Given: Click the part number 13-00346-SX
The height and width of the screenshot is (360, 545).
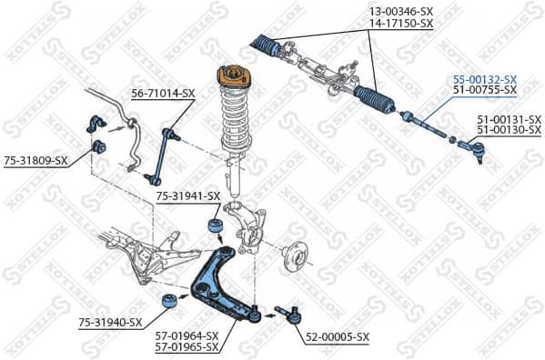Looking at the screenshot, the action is pyautogui.click(x=399, y=12).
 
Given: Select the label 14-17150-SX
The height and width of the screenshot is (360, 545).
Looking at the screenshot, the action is pyautogui.click(x=399, y=24).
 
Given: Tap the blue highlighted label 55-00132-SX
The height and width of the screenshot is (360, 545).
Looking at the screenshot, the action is pyautogui.click(x=485, y=79).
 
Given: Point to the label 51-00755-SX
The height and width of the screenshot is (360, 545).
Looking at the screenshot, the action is pyautogui.click(x=485, y=90).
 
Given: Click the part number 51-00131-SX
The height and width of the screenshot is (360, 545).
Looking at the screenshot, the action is pyautogui.click(x=509, y=119).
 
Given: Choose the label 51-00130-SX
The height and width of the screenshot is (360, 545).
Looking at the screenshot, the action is pyautogui.click(x=509, y=130).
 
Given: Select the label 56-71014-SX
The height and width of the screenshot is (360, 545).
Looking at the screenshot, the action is pyautogui.click(x=163, y=93).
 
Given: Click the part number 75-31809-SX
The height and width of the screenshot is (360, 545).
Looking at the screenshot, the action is pyautogui.click(x=35, y=161).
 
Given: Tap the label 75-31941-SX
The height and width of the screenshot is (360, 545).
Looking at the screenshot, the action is pyautogui.click(x=188, y=195).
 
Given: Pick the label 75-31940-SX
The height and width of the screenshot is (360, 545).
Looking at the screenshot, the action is pyautogui.click(x=110, y=322).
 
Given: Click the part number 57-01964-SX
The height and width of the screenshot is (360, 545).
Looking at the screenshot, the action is pyautogui.click(x=187, y=335).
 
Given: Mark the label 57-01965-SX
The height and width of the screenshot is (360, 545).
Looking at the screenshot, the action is pyautogui.click(x=187, y=346).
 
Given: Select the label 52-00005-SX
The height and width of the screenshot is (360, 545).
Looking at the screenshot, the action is pyautogui.click(x=338, y=336).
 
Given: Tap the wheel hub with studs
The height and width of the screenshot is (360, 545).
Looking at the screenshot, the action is pyautogui.click(x=294, y=255).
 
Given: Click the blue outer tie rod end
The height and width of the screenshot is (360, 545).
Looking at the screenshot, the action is pyautogui.click(x=472, y=145).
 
